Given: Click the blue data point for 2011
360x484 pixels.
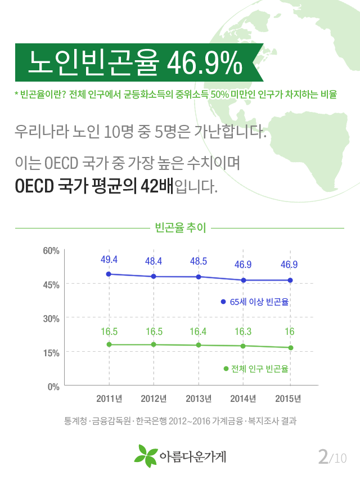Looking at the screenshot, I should coord(109,274).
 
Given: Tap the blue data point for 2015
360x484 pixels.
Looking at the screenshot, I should coord(290,280).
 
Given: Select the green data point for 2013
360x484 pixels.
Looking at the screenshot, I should coord(199,345).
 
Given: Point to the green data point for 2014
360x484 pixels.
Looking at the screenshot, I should coord(243,346).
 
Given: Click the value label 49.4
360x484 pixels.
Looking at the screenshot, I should coord(109,259).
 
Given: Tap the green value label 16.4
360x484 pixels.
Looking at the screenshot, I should coord(199,331).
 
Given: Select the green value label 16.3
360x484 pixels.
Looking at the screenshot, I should coord(243,331).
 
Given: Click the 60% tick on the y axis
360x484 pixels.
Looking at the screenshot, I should coord(51,250).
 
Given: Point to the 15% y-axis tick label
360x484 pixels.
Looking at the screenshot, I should coord(51,353).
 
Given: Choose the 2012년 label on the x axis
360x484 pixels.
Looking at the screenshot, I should coord(154,399).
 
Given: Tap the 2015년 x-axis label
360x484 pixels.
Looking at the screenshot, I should coord(289,399).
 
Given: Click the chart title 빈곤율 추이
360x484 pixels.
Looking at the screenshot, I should coord(180,228).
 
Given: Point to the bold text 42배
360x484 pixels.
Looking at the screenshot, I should coord(159,185).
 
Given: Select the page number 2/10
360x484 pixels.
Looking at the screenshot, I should coord(332,456).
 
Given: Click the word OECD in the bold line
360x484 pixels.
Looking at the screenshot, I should coord(34,185).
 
